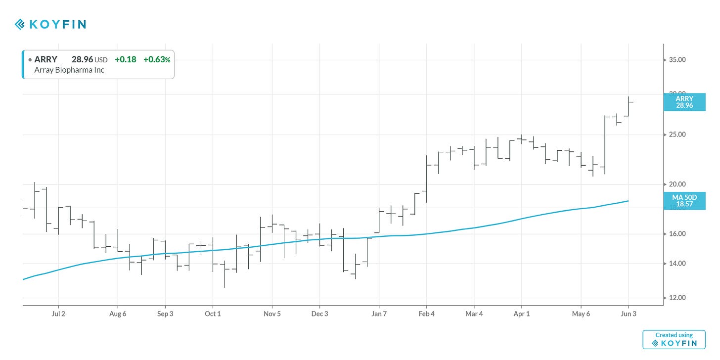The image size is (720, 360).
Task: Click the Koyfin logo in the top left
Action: pyautogui.click(x=50, y=24)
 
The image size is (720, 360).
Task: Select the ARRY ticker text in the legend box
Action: pyautogui.click(x=45, y=60)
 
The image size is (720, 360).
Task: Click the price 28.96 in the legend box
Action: pyautogui.click(x=82, y=60)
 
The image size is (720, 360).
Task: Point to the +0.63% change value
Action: pyautogui.click(x=157, y=60)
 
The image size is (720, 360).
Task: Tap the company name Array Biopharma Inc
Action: pyautogui.click(x=69, y=70)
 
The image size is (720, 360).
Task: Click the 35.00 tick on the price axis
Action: pyautogui.click(x=677, y=60)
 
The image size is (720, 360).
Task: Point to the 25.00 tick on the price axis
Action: pyautogui.click(x=677, y=135)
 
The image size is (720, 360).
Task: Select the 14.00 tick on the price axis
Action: pyautogui.click(x=677, y=264)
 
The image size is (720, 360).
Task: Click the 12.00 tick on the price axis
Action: pyautogui.click(x=677, y=298)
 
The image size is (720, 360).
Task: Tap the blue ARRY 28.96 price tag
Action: pyautogui.click(x=684, y=102)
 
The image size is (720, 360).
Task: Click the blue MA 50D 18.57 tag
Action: pyautogui.click(x=684, y=201)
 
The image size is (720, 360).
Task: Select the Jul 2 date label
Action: pyautogui.click(x=58, y=314)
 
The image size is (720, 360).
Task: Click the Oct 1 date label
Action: pyautogui.click(x=213, y=314)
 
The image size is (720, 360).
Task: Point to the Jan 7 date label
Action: pyautogui.click(x=379, y=314)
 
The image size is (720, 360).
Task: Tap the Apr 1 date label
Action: pyautogui.click(x=521, y=314)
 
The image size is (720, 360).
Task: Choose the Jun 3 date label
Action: pyautogui.click(x=629, y=314)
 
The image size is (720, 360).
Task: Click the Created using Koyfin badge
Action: pyautogui.click(x=674, y=339)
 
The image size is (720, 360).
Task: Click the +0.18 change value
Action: pyautogui.click(x=126, y=60)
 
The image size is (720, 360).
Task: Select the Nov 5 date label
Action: pyautogui.click(x=272, y=314)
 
